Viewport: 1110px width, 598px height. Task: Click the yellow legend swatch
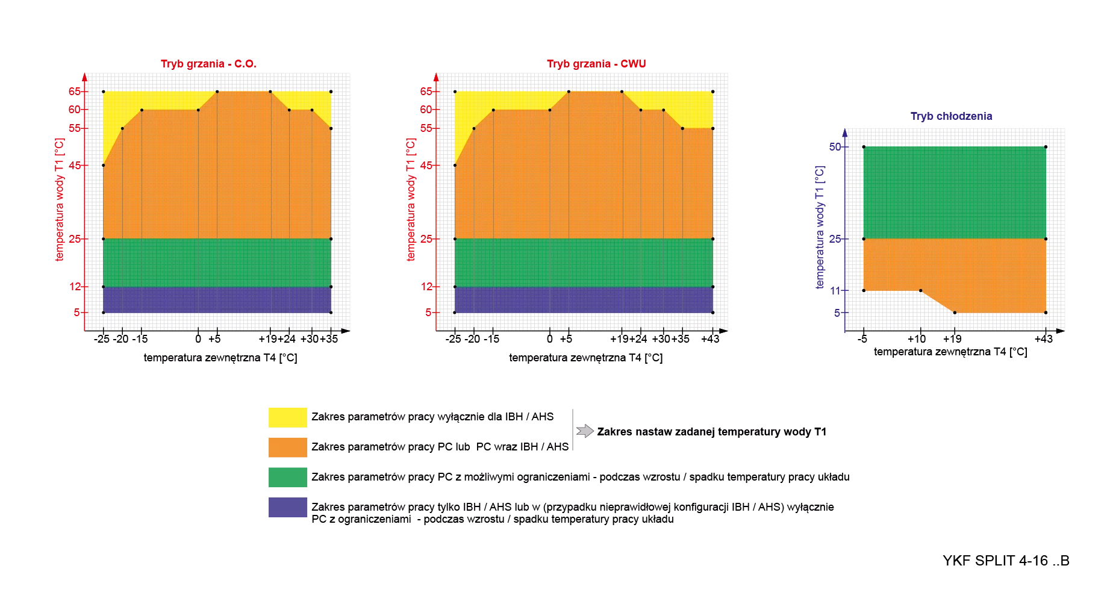[287, 417]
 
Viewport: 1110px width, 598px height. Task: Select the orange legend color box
[287, 446]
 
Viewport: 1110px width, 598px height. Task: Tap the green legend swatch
[287, 478]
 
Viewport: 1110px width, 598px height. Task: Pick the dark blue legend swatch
[287, 508]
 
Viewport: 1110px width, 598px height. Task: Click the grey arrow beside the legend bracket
[584, 431]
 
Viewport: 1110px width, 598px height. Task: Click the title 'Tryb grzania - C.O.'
[209, 63]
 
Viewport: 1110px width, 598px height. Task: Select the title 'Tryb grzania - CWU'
[595, 63]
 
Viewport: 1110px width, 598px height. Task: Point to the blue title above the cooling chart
[951, 116]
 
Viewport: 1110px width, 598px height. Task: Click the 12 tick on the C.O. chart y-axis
[76, 287]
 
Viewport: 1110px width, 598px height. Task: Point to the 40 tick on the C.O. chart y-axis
[76, 165]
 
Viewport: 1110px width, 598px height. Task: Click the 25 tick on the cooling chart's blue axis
[837, 239]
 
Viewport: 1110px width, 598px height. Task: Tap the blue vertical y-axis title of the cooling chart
[820, 226]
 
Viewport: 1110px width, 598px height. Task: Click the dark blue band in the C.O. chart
[217, 300]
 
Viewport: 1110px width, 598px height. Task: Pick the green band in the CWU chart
[583, 263]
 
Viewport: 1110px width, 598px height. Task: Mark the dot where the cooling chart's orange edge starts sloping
[920, 291]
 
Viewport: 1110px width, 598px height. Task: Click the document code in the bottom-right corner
[1005, 561]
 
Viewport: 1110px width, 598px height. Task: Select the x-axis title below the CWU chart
[584, 358]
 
